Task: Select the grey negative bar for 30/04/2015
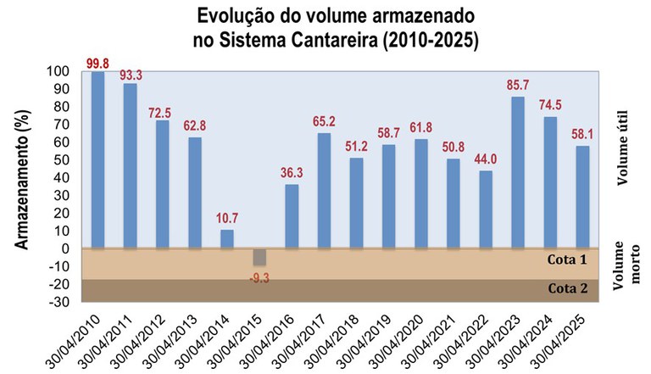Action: [259, 257]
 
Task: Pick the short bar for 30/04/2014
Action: [227, 238]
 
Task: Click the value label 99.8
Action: [98, 63]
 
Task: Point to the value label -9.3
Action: [259, 276]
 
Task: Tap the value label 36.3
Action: [292, 173]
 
